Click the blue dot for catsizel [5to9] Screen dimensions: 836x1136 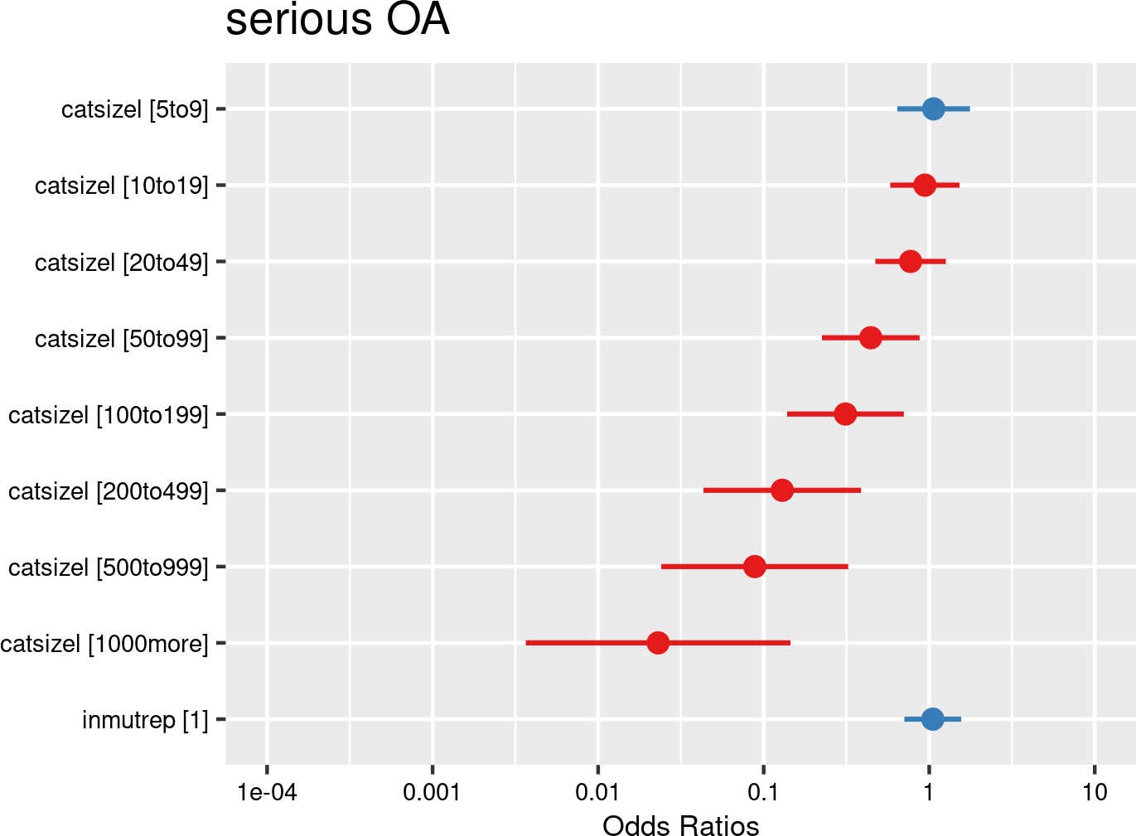click(x=933, y=109)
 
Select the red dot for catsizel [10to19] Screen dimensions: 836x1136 click(x=925, y=185)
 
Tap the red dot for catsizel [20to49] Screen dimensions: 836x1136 click(x=910, y=262)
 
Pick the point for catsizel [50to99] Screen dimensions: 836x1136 click(x=870, y=338)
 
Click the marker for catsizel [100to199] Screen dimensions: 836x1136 click(x=845, y=414)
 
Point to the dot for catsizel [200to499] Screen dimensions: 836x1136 click(x=781, y=490)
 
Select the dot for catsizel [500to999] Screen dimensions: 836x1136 click(x=754, y=567)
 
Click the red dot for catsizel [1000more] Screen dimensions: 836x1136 click(x=658, y=643)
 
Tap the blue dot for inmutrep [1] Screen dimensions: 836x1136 click(x=932, y=719)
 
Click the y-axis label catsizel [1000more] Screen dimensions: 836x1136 click(x=104, y=644)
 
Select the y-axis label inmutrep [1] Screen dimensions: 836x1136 click(x=145, y=720)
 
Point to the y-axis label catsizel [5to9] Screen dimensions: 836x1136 click(x=135, y=109)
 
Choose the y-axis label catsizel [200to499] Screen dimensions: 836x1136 click(x=109, y=491)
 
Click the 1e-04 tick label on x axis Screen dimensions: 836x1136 click(x=267, y=793)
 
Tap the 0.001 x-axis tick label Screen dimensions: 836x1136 click(x=432, y=793)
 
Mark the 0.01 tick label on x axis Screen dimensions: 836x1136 click(x=597, y=793)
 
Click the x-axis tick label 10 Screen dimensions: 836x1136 click(x=1095, y=793)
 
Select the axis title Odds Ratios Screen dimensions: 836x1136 click(x=680, y=825)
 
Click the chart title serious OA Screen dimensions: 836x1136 click(x=337, y=20)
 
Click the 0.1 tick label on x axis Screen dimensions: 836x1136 click(x=763, y=793)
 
